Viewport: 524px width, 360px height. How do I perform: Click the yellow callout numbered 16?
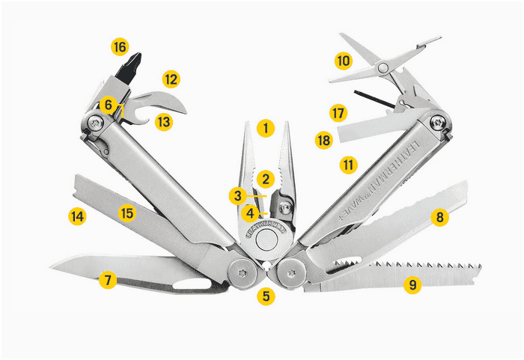(120, 47)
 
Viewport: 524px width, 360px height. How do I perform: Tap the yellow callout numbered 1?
(266, 128)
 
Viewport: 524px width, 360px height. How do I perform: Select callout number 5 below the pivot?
(266, 296)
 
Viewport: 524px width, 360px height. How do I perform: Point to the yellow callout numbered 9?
(412, 285)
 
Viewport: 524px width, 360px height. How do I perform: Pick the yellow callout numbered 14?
(77, 216)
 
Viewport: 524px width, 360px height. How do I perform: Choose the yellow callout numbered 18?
(324, 140)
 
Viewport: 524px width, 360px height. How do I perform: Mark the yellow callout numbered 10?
(344, 61)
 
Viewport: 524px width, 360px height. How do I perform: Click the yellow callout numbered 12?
(171, 79)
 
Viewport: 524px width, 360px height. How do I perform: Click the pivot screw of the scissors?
(383, 68)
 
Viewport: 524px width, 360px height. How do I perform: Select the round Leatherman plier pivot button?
(266, 240)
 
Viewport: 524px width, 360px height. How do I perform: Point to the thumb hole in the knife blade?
(192, 284)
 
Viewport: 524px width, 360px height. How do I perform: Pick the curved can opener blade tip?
(185, 111)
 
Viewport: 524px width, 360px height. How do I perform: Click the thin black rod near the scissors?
(374, 99)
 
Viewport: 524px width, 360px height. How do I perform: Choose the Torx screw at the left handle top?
(95, 123)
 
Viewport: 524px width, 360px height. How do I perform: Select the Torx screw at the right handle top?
(438, 123)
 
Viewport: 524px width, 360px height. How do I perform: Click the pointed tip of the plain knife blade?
(50, 266)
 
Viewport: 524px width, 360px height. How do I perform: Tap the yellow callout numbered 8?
(440, 217)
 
